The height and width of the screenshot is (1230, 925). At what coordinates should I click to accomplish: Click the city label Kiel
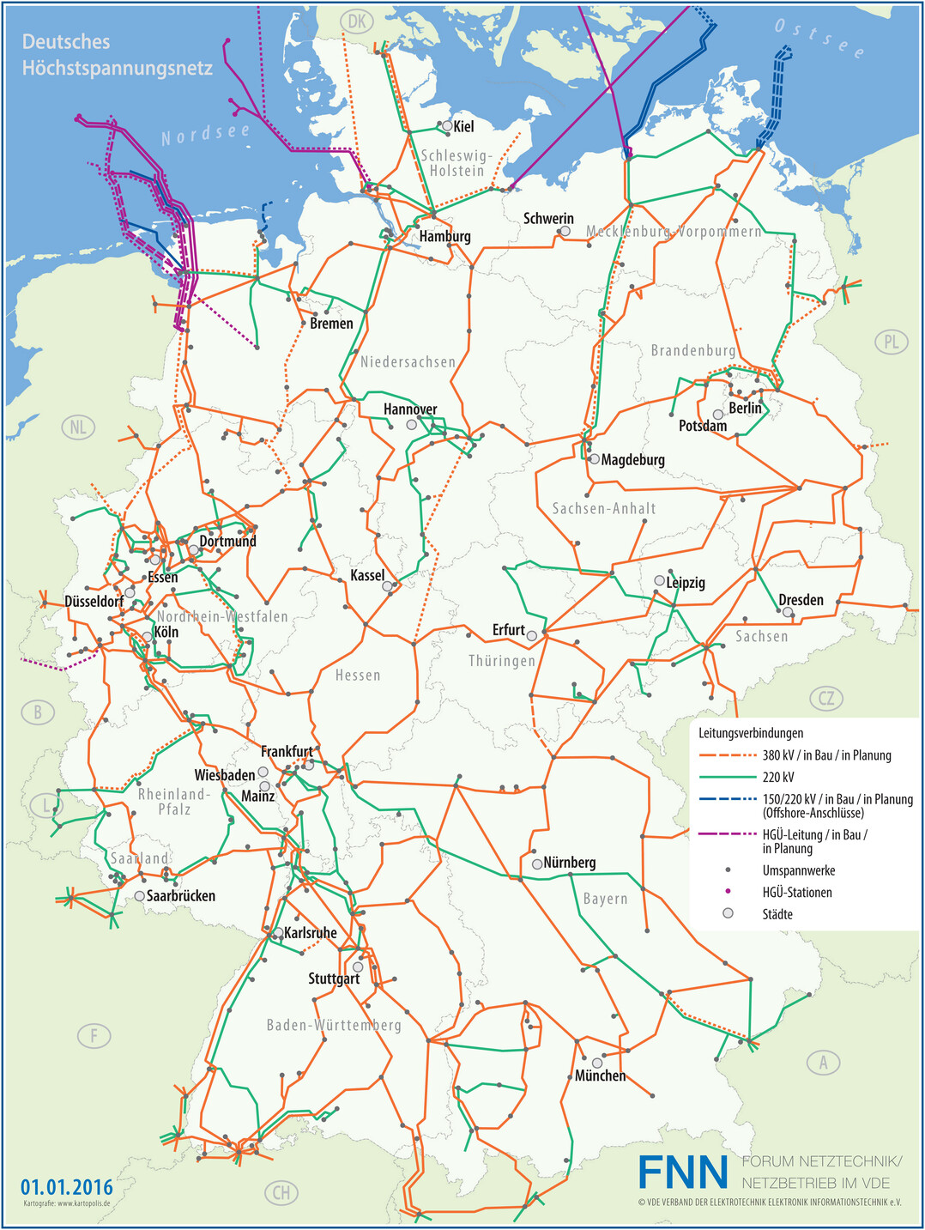tap(463, 127)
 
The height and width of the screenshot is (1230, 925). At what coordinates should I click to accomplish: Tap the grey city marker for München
tap(597, 1063)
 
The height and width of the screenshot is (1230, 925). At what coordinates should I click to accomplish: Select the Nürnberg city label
tap(570, 863)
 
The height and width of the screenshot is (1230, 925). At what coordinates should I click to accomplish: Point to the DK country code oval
tap(357, 21)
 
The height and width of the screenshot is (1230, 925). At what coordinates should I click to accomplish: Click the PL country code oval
tap(892, 342)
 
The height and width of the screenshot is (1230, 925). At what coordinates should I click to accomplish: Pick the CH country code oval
tap(281, 1192)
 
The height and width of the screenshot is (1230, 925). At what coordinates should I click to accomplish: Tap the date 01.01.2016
tap(67, 1187)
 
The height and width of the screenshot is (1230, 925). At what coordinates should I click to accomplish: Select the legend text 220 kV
tap(778, 778)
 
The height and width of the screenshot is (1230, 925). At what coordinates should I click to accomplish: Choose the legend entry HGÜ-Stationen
tap(797, 893)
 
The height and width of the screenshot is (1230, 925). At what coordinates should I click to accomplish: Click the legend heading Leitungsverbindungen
tap(751, 733)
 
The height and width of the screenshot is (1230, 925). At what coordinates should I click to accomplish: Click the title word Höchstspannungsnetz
tap(118, 69)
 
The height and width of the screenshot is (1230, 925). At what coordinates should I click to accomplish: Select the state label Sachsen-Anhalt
tap(604, 509)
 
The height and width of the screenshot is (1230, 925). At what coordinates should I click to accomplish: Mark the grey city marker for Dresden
tap(788, 612)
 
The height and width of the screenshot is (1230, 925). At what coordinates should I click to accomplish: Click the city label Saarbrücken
tap(181, 896)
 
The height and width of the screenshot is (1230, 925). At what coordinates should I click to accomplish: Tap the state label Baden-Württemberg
tap(334, 1026)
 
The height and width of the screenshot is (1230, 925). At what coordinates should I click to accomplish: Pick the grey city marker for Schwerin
tap(565, 232)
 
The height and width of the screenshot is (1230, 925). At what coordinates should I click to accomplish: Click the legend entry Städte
tap(777, 914)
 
